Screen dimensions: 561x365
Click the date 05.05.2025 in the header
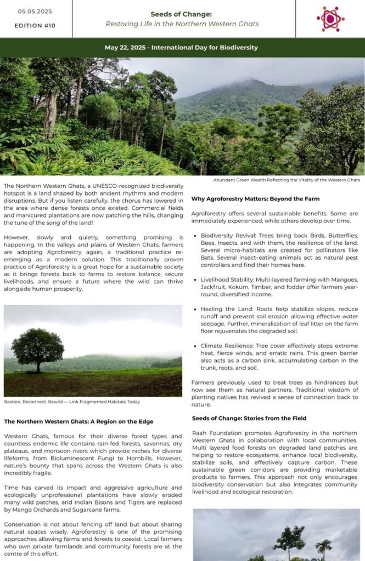(x=35, y=12)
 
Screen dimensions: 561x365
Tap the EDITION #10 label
(x=35, y=26)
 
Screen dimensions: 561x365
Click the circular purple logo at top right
(x=330, y=19)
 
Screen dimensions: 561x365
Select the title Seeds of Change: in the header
(x=182, y=14)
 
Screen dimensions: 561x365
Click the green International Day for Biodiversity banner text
(x=182, y=48)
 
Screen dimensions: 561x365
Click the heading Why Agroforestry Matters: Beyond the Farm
(x=255, y=198)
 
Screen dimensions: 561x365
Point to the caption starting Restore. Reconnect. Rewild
(x=72, y=402)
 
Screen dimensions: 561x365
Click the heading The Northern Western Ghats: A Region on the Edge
(x=78, y=421)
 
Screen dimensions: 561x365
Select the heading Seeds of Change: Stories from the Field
(x=249, y=418)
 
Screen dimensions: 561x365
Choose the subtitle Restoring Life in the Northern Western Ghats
(x=182, y=24)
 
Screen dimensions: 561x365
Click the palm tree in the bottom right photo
(x=324, y=546)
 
